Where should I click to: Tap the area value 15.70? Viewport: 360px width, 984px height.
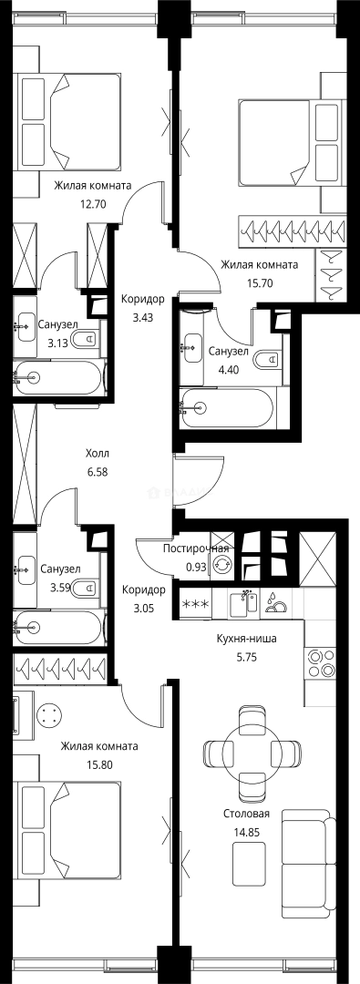[x=259, y=282]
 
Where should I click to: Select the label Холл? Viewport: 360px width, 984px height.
[x=97, y=453]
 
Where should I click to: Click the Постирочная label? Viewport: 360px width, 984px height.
[x=195, y=548]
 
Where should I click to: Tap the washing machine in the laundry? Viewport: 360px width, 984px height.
[x=221, y=566]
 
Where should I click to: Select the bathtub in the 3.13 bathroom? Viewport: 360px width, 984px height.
[x=58, y=375]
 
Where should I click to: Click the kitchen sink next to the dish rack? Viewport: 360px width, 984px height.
[x=243, y=603]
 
